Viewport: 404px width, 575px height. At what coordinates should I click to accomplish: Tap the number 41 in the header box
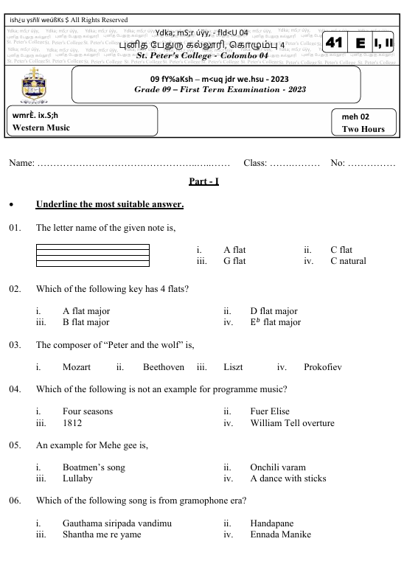click(x=335, y=44)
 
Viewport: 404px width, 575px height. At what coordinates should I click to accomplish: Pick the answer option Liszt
click(x=237, y=366)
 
